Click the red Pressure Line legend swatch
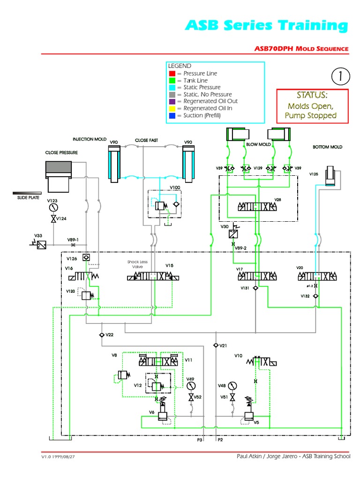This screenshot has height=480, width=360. click(x=172, y=74)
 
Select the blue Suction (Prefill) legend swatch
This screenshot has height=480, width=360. click(x=172, y=115)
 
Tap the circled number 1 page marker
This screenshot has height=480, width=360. click(x=341, y=75)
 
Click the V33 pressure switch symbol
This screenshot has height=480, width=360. click(x=41, y=244)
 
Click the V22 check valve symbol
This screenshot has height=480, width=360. click(x=102, y=335)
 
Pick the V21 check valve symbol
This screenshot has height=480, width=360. click(x=215, y=345)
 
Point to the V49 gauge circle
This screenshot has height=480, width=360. click(x=190, y=386)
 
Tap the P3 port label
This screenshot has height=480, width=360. click(x=200, y=440)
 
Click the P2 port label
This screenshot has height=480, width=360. click(x=220, y=440)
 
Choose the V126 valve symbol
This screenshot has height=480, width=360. click(x=86, y=258)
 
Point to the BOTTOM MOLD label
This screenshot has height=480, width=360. click(x=327, y=147)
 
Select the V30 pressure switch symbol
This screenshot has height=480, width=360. click(x=233, y=234)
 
